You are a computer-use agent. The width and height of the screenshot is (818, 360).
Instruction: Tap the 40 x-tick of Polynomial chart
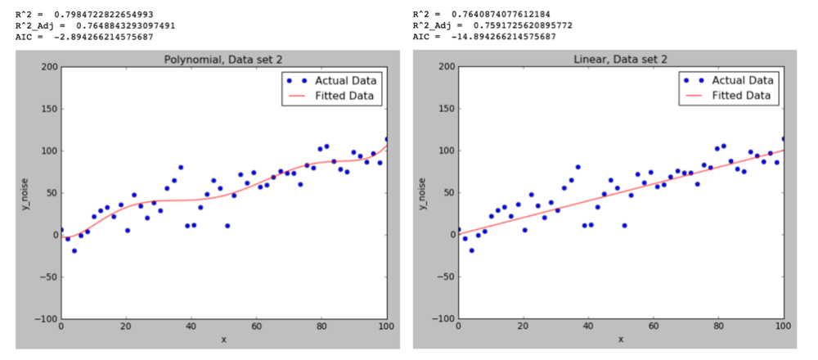[x=191, y=327]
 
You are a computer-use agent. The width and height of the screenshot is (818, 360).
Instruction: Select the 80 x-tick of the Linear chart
[x=718, y=327]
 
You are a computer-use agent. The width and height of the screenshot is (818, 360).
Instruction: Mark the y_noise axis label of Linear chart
[x=422, y=193]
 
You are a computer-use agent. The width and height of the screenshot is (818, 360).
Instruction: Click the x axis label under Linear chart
[x=620, y=339]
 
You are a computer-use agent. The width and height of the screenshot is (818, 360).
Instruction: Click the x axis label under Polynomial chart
[x=223, y=339]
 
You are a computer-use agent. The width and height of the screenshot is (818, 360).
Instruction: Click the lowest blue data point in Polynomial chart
[x=74, y=250]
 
